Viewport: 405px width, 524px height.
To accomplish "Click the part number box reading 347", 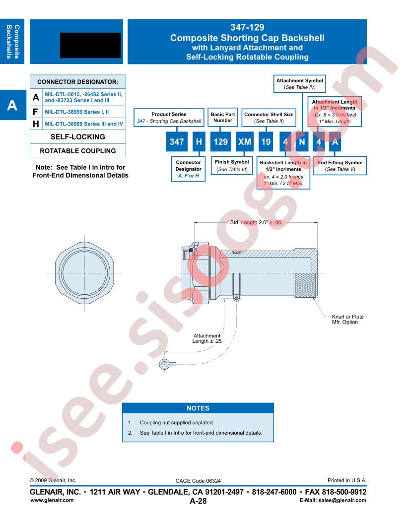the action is point(176,142).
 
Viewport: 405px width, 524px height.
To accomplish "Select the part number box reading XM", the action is point(245,142).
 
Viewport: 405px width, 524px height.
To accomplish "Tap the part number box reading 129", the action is point(220,142).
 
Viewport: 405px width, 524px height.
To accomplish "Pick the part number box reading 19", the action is point(266,142).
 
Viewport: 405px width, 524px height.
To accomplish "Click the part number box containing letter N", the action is point(302,142).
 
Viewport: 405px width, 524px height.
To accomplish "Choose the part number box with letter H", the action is point(199,142).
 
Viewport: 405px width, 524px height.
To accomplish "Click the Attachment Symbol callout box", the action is point(300,84).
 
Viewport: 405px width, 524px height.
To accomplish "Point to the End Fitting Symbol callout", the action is point(340,166).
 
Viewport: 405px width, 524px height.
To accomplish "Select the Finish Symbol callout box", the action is point(232,165).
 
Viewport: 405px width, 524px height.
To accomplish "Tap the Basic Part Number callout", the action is point(223,117).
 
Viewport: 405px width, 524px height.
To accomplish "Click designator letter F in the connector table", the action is point(36,112).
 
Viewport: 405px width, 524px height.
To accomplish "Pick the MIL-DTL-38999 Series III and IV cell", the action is point(84,124).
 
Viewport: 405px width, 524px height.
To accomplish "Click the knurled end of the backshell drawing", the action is point(305,285).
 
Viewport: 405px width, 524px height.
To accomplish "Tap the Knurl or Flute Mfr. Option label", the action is point(348,320).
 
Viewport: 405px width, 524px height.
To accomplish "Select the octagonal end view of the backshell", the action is point(84,273).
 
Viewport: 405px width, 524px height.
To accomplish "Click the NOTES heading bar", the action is point(198,408).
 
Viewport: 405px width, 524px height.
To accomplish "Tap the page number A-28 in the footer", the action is point(198,501).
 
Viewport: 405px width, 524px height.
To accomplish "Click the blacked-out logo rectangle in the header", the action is point(90,46).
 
